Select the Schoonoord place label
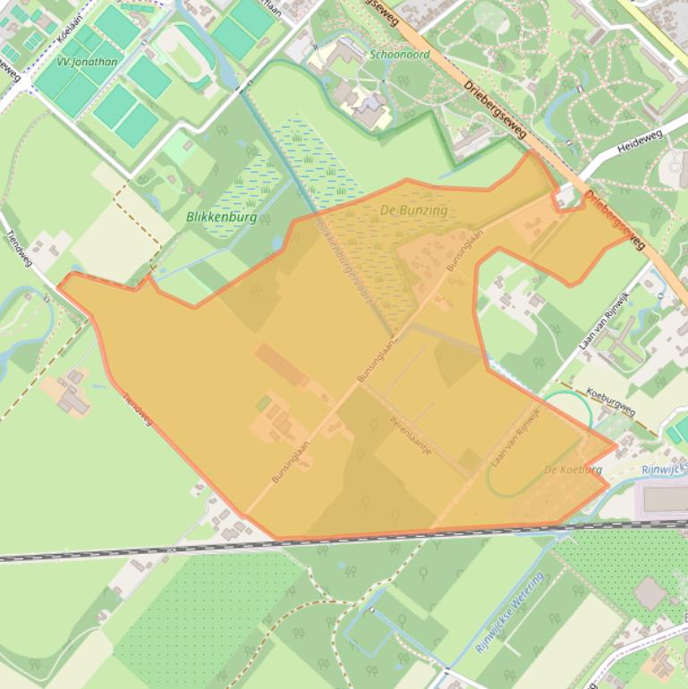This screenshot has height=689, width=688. pyautogui.click(x=399, y=55)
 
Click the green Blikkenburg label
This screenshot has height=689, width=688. pyautogui.click(x=221, y=217)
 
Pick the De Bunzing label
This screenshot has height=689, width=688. pyautogui.click(x=413, y=210)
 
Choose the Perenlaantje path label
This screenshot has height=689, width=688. pyautogui.click(x=411, y=434)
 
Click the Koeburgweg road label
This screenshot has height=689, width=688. pyautogui.click(x=610, y=399)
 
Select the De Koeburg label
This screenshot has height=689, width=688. pyautogui.click(x=573, y=470)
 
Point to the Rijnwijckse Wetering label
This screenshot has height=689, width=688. pyautogui.click(x=509, y=613)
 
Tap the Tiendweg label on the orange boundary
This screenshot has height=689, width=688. pyautogui.click(x=138, y=408)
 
